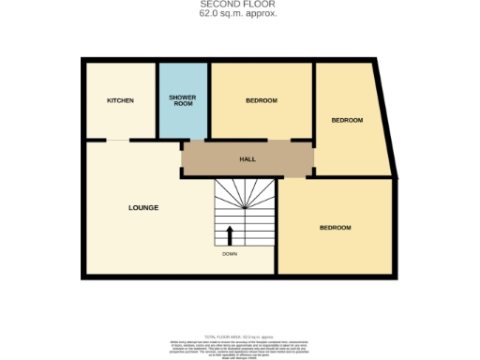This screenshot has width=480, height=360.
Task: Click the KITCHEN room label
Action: point(120,100)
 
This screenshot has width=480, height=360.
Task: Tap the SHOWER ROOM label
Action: point(181,100)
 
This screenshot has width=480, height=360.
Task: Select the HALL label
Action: point(247,159)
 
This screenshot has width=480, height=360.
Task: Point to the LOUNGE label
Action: point(143,207)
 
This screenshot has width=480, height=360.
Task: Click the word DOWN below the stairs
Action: point(230,254)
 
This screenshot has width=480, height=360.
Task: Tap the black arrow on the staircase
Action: point(230,234)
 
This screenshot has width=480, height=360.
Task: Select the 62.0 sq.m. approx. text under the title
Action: point(239,15)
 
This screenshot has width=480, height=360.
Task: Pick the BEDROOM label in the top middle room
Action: point(262,100)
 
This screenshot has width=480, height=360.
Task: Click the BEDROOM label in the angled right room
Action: point(347,120)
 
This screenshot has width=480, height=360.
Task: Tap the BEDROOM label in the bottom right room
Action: point(335,228)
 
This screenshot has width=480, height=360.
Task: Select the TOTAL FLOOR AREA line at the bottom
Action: point(240,335)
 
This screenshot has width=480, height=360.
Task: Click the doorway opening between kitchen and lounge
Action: point(116,141)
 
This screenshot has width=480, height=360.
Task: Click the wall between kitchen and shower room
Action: point(156,100)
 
